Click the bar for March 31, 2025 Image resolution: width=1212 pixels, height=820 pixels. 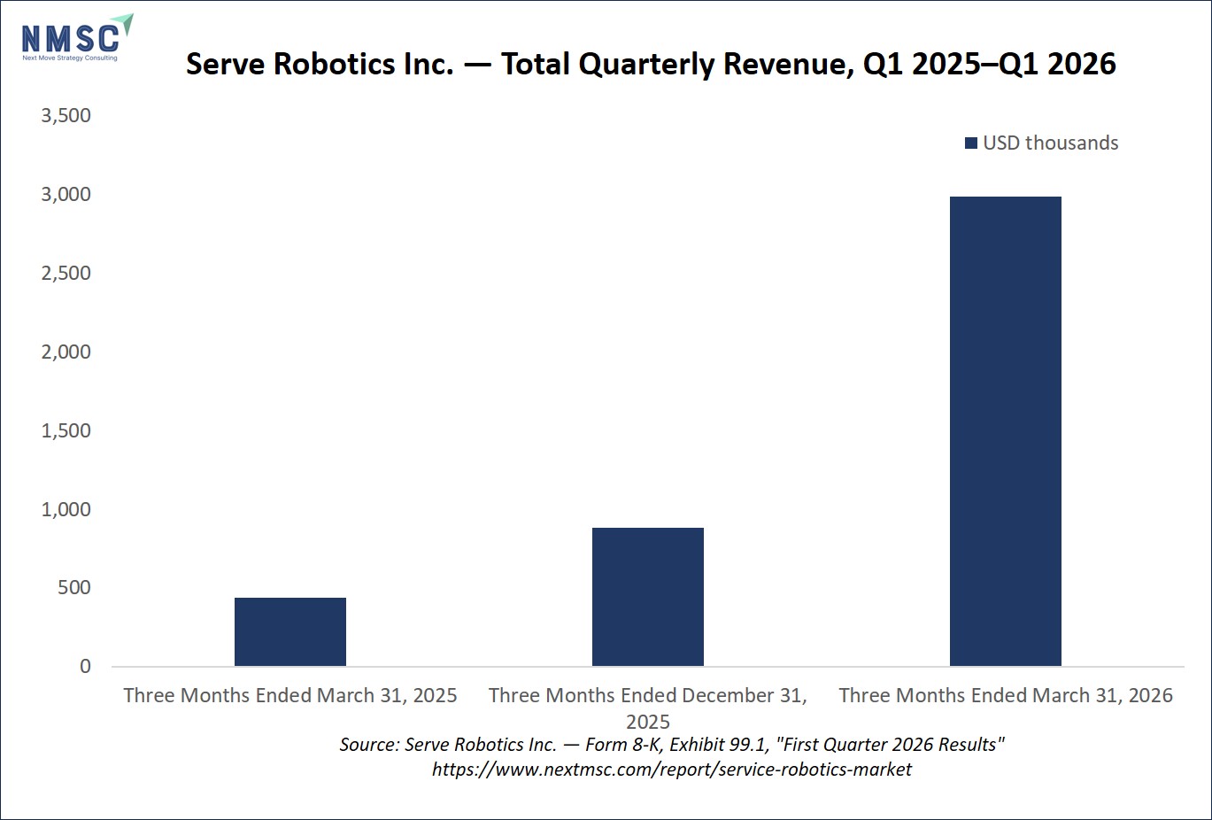tap(290, 631)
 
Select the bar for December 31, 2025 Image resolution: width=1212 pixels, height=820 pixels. tap(648, 597)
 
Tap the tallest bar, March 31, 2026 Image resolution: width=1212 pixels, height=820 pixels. tap(1006, 431)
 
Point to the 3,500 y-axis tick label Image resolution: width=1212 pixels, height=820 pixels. tap(66, 115)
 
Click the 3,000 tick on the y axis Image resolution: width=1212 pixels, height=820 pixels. tap(66, 194)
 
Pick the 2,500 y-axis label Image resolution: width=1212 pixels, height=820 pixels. tap(66, 273)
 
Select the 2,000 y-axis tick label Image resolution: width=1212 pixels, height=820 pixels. tap(66, 352)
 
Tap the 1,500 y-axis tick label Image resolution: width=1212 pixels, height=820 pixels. tap(66, 430)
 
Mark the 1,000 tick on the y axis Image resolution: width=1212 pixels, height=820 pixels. tap(66, 509)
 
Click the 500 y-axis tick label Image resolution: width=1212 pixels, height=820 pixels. tap(74, 587)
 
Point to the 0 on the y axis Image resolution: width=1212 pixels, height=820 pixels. tap(85, 666)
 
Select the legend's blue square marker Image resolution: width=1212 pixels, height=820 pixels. tap(970, 143)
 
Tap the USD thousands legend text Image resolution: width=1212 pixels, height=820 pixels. tap(1050, 143)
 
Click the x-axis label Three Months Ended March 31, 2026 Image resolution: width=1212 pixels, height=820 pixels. tap(1006, 695)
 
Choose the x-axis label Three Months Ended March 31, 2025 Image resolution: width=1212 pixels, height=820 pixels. tap(290, 695)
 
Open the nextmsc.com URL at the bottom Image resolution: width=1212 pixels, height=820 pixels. tap(671, 770)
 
